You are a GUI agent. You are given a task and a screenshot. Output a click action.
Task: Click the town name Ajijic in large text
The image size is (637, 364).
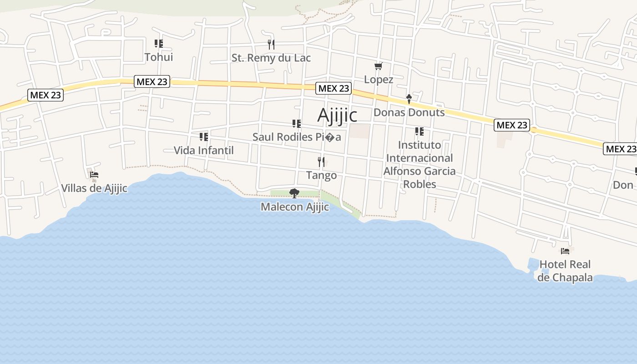click(337, 115)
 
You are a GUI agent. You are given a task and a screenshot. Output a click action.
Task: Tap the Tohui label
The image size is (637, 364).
click(159, 57)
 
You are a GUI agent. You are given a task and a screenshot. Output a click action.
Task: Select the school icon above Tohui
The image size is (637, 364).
click(159, 44)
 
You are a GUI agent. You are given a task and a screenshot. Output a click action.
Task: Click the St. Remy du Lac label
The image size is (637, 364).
click(271, 58)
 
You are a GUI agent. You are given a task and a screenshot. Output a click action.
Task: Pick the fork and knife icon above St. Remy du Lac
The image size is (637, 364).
click(271, 45)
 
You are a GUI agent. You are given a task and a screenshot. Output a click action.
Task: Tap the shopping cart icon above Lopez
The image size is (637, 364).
click(378, 66)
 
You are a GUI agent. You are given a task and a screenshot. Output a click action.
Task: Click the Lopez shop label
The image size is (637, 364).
click(379, 80)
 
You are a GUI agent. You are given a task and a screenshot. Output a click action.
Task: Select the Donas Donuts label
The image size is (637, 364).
click(409, 112)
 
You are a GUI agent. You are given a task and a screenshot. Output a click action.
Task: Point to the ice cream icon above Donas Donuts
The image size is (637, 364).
click(409, 99)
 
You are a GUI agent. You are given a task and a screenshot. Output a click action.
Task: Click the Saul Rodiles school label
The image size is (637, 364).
click(297, 137)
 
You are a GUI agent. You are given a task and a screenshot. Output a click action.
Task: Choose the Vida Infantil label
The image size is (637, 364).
click(204, 151)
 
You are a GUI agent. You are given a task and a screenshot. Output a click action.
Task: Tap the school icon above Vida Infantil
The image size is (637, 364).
click(204, 136)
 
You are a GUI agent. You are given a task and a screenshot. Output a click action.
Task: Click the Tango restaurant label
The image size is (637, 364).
click(322, 176)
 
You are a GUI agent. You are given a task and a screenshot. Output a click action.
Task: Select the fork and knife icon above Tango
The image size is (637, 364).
click(321, 162)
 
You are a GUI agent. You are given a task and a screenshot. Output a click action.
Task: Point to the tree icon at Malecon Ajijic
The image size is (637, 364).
click(294, 193)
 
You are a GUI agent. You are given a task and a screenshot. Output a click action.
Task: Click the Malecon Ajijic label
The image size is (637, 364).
click(295, 207)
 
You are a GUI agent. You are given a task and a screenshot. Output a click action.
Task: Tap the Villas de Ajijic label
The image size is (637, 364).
click(94, 188)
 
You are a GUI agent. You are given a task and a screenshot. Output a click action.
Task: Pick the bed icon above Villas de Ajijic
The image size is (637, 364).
click(94, 175)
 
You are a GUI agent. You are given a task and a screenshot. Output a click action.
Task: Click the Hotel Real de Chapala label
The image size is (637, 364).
click(565, 271)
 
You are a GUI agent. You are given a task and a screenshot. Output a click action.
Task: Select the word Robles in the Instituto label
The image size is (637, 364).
click(420, 184)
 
